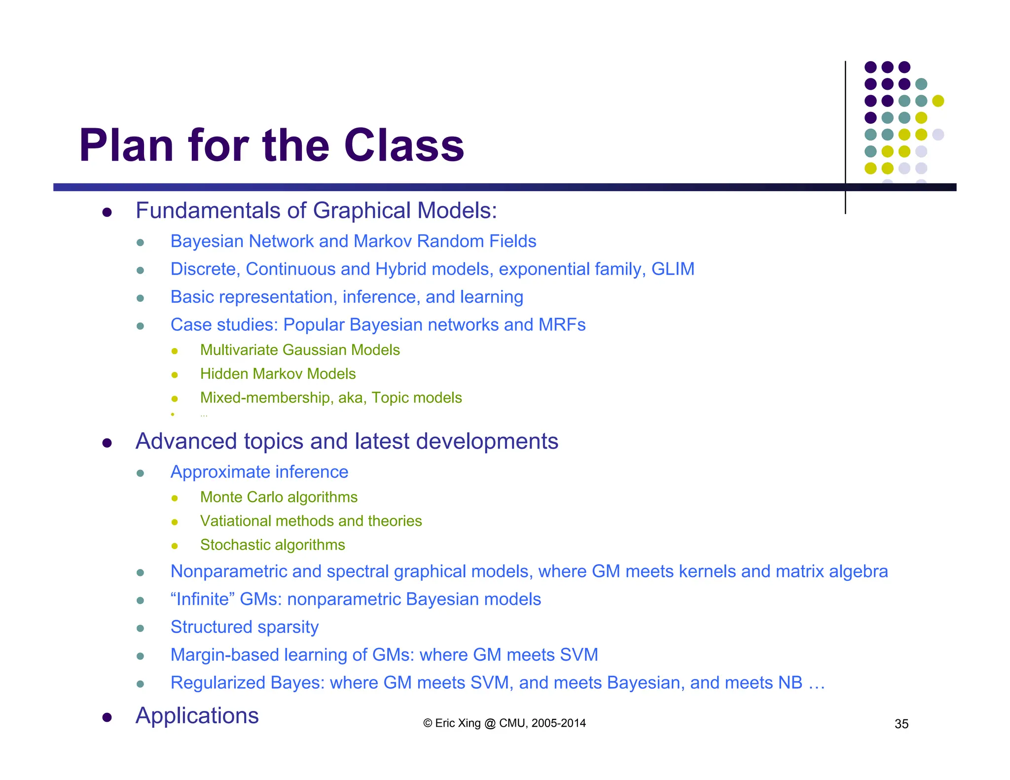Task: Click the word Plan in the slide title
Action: [126, 145]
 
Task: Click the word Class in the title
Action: [404, 145]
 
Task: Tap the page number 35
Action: [901, 724]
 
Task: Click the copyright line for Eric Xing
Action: [504, 723]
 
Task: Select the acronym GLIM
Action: [673, 269]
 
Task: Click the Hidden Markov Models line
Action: [278, 374]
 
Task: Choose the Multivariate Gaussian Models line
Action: [300, 350]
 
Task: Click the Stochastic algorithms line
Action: [272, 545]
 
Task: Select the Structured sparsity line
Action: [245, 627]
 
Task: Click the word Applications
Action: [197, 715]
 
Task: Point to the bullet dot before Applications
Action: [107, 717]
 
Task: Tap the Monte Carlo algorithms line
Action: [279, 497]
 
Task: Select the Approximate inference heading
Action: [259, 472]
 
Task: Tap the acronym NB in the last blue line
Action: [790, 683]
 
